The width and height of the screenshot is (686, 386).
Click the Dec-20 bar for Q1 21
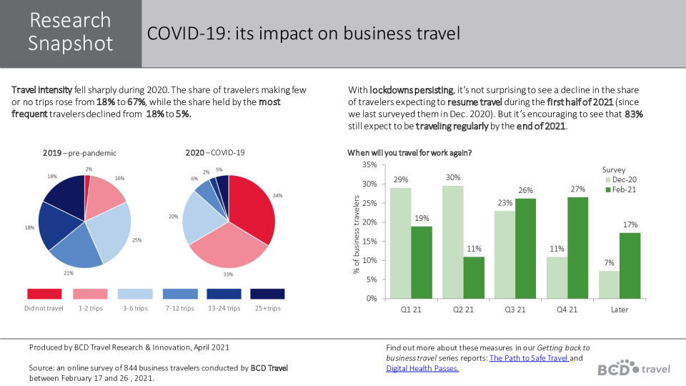coord(400,243)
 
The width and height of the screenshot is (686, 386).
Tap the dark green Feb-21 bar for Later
coord(630,265)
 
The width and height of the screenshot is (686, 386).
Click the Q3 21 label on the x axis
coord(515,310)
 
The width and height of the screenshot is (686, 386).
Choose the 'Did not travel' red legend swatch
coord(44,294)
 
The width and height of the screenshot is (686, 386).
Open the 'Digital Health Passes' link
coord(422,368)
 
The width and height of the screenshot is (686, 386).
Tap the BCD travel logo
coord(634,367)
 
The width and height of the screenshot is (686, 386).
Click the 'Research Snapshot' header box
coord(71,33)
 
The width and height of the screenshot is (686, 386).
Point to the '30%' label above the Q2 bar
coord(453,177)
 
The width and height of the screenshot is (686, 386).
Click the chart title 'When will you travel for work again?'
coord(409,153)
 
